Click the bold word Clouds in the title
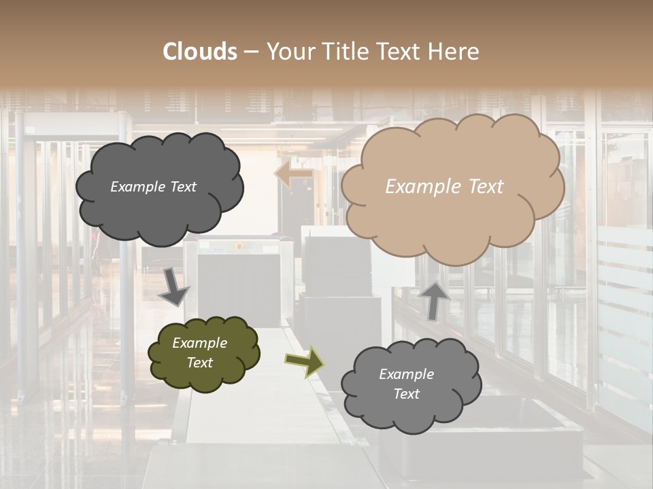point(200,52)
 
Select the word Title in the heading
point(348,52)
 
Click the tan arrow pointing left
point(294,175)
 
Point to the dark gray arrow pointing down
point(174,288)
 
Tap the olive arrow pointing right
point(305,361)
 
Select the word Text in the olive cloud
point(200,363)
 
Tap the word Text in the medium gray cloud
point(406,394)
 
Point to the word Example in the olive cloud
point(200,343)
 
